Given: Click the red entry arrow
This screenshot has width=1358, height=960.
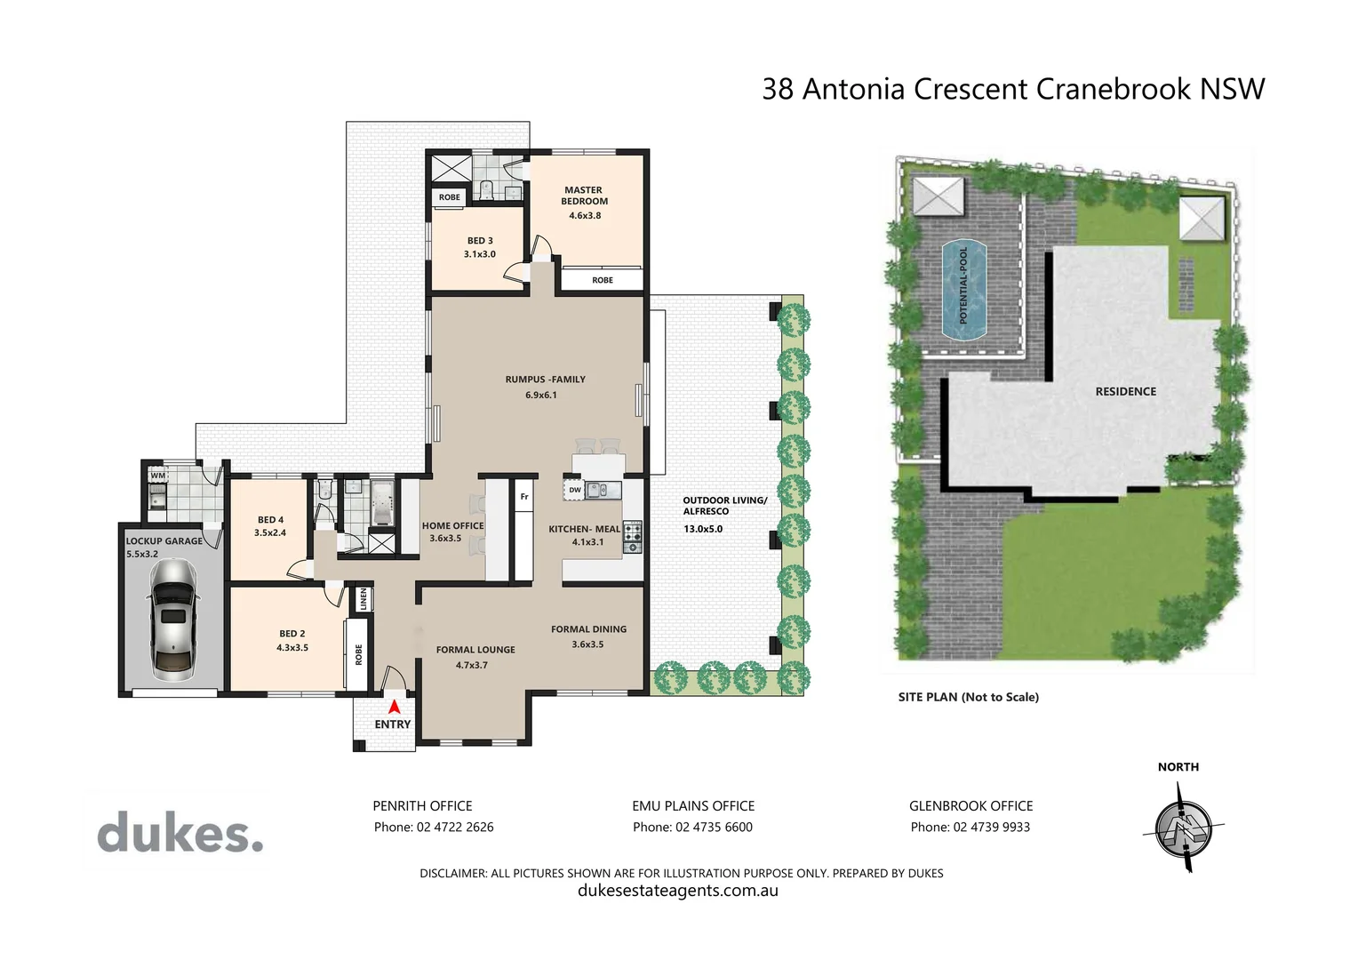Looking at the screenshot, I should click(x=394, y=707).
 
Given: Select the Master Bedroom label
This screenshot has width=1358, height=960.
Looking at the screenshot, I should click(x=584, y=196).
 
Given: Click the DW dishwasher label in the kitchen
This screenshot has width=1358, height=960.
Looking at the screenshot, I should click(x=575, y=490).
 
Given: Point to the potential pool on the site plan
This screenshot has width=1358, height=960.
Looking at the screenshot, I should click(x=964, y=291).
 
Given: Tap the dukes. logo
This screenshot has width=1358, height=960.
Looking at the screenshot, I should click(x=180, y=833).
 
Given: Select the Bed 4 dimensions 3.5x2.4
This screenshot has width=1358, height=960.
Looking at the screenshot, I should click(x=270, y=533).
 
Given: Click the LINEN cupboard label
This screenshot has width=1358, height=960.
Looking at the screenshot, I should click(x=363, y=599).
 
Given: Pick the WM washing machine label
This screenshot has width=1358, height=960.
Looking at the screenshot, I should click(x=157, y=476).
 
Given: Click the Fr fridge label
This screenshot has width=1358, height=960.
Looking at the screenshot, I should click(x=524, y=497).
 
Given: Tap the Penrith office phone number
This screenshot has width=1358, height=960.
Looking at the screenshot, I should click(x=434, y=828).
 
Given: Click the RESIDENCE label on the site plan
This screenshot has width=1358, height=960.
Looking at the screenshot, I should click(x=1125, y=392).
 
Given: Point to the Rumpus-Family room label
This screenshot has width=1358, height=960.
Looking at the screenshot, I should click(x=545, y=380).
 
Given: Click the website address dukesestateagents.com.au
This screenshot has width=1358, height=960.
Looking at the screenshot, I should click(x=678, y=891).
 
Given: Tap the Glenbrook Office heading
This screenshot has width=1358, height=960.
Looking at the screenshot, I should click(x=971, y=806).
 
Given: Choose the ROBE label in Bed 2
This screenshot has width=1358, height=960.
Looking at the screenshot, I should click(x=359, y=655).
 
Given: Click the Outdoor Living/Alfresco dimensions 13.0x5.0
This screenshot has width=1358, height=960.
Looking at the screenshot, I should click(x=703, y=529).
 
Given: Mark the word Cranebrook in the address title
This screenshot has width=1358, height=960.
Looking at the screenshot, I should click(x=1114, y=89).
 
